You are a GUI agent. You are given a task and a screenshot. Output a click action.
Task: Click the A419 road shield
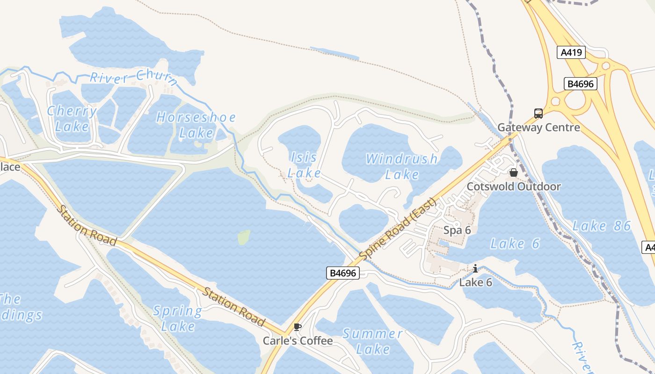[571, 52]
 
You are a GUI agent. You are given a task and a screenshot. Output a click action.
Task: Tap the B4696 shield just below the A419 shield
[580, 84]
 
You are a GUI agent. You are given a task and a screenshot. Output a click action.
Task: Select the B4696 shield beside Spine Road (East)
[343, 273]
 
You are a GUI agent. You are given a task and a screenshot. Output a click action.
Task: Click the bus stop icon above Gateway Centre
[539, 114]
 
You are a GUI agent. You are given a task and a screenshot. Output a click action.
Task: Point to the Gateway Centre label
[539, 127]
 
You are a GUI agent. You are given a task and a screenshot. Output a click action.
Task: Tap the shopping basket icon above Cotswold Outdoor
[514, 173]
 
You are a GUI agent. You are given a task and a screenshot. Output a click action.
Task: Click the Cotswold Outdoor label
[514, 187]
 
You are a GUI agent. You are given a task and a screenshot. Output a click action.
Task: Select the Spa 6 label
[457, 230]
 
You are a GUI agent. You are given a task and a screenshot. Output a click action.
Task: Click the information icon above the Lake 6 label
[475, 268]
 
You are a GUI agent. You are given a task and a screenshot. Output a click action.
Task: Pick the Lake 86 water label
[602, 226]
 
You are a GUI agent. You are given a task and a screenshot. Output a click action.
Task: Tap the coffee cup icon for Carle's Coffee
[297, 327]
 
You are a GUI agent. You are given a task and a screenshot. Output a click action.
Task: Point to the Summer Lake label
[373, 341]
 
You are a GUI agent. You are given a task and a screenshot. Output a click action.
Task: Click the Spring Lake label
[178, 318]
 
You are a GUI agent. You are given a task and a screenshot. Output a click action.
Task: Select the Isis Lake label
[304, 165]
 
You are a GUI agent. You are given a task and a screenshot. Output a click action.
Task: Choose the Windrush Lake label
[402, 166]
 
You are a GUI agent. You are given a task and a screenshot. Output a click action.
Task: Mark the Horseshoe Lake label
[196, 125]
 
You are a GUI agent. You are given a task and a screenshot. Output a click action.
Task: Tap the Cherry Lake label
[72, 119]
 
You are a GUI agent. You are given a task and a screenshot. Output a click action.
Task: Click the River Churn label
[134, 78]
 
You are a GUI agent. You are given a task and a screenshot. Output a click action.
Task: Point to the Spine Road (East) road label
[398, 229]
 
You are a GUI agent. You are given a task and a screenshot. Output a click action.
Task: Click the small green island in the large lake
[244, 237]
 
